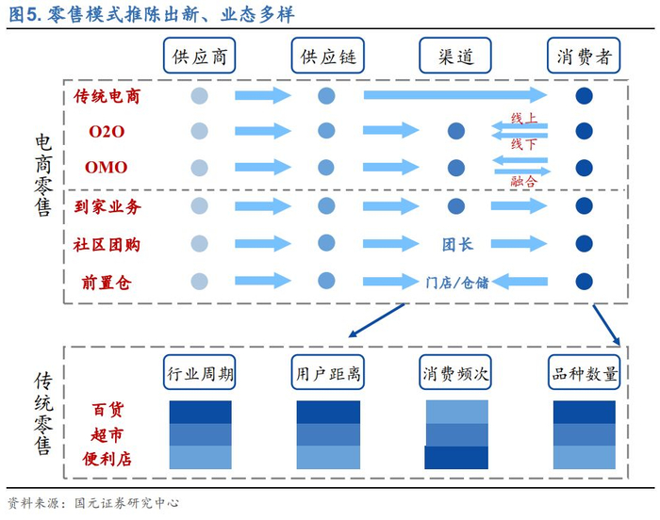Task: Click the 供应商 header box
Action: coord(199,57)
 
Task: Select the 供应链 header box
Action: coord(328,57)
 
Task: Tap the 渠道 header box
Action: coord(456,57)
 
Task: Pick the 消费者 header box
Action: coord(585,57)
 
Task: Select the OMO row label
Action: coord(107,168)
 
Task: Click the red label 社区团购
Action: coord(107,245)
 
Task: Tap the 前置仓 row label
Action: coord(107,282)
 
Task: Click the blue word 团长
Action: coord(457,245)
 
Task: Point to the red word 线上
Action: coord(523,119)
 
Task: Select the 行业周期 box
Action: coord(199,373)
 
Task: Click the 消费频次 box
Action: coord(456,373)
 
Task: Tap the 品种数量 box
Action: coord(585,373)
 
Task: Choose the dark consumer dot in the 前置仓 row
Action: coord(584,281)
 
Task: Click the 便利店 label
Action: coord(107,459)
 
